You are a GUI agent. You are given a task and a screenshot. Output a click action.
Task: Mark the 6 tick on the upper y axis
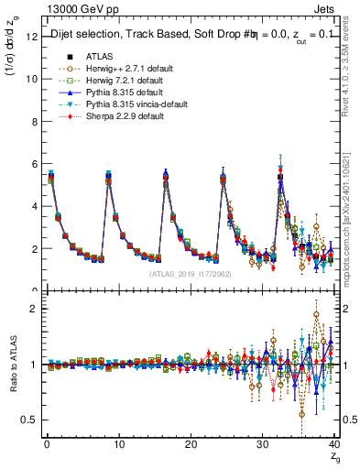click(36, 164)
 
